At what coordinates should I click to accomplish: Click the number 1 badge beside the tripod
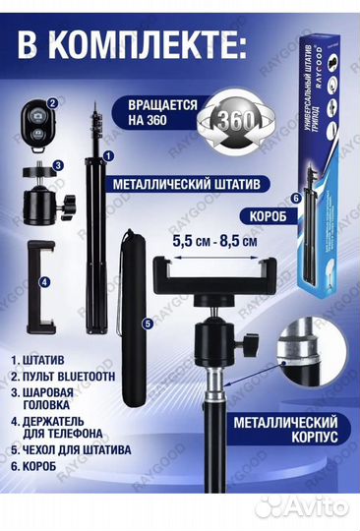click(108, 155)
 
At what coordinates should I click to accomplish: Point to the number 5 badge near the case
click(147, 321)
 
